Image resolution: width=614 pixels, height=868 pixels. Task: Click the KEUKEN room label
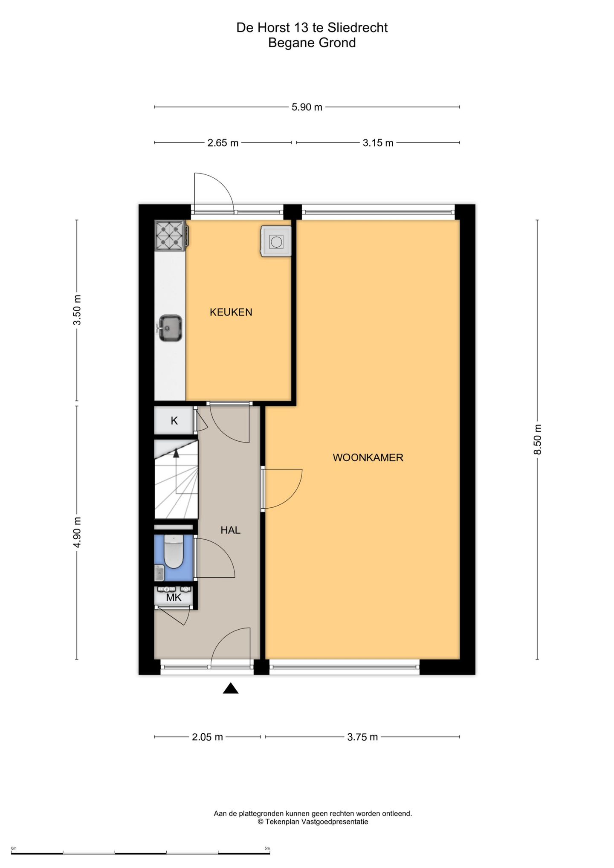231,312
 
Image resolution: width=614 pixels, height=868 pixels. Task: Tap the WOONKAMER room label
368,457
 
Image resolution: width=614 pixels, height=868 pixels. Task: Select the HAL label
230,530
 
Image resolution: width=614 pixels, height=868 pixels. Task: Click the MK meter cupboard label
174,597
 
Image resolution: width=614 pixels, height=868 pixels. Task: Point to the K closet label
174,421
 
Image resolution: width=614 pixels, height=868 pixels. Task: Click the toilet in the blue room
173,552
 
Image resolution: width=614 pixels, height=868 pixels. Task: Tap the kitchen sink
170,328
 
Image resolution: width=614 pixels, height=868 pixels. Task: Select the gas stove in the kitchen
171,235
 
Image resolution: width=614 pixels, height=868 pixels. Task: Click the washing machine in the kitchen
276,241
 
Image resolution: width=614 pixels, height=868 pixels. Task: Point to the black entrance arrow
231,688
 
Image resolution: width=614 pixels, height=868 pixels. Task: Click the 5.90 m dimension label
307,107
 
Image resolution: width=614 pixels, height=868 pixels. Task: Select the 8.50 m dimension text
538,439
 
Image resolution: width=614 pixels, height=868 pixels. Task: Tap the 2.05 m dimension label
207,737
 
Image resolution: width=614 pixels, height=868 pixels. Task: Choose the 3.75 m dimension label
362,737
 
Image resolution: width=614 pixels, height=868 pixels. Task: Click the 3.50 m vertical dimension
77,310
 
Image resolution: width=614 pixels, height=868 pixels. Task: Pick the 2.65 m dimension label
223,143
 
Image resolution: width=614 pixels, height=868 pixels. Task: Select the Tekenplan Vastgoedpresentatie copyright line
313,822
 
